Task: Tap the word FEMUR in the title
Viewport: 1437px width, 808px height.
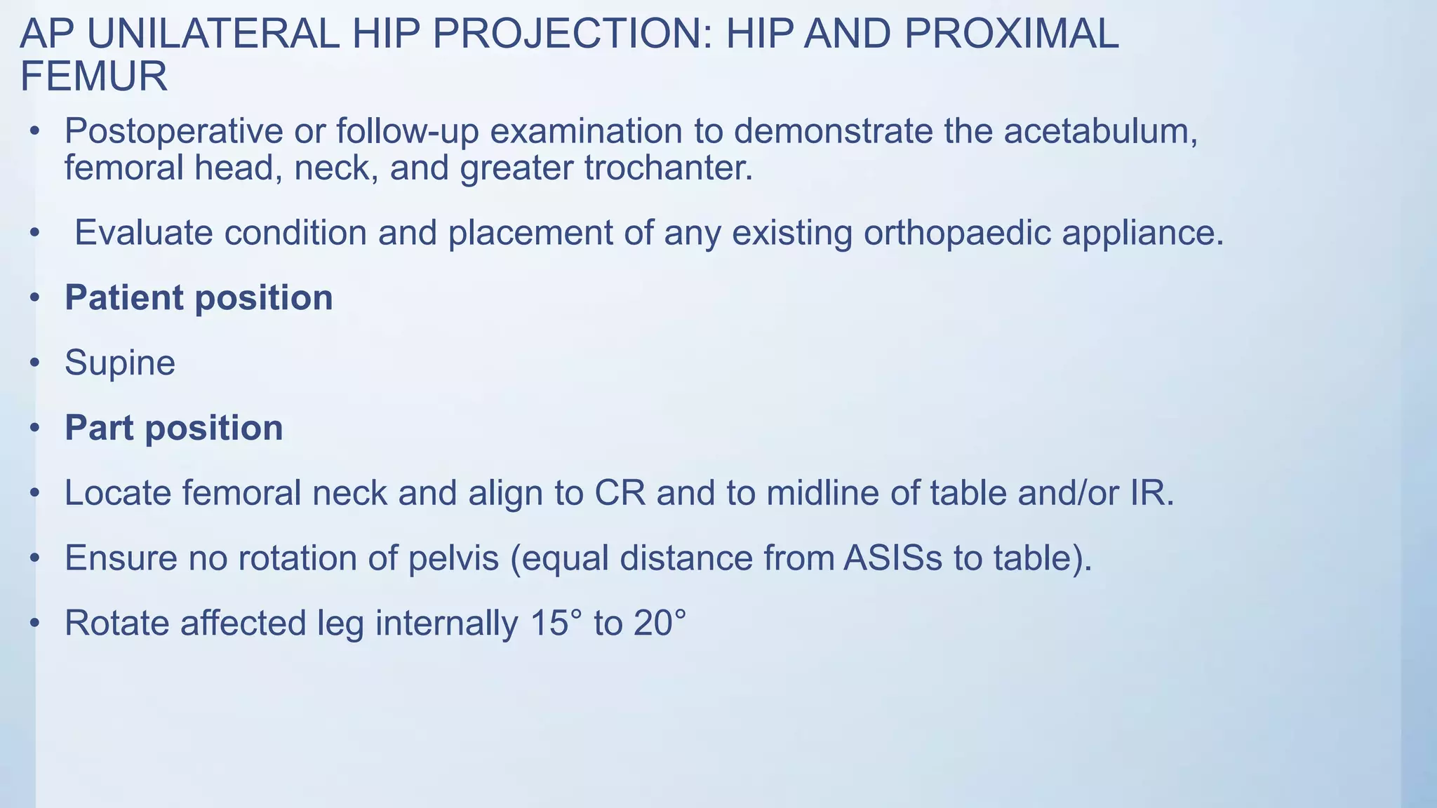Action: point(93,76)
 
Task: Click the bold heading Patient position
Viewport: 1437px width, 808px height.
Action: point(199,298)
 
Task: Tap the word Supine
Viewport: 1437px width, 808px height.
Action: point(120,363)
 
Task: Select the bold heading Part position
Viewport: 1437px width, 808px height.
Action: point(174,428)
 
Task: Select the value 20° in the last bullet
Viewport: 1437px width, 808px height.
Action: point(660,623)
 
